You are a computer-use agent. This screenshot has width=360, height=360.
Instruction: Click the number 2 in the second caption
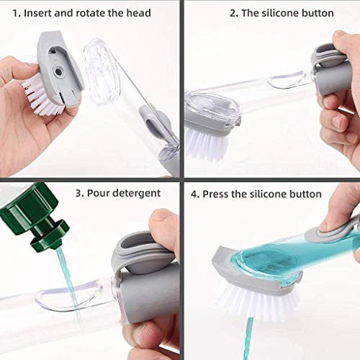point(233,13)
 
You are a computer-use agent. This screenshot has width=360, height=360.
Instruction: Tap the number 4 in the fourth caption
point(194,194)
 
